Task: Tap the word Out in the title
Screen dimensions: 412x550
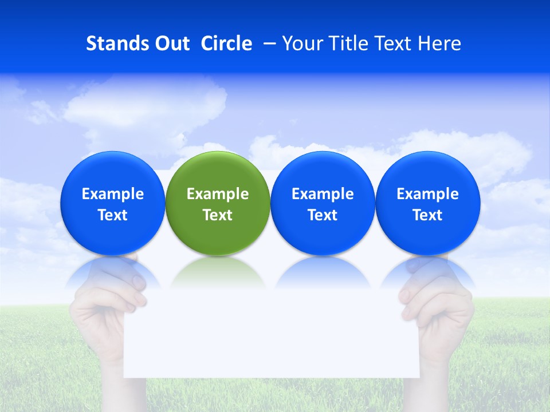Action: tap(170, 43)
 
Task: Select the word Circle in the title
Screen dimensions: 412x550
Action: tap(226, 43)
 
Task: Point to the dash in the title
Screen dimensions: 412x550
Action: tap(268, 43)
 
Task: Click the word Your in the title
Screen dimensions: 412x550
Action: tap(300, 43)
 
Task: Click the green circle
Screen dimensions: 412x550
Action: tap(218, 172)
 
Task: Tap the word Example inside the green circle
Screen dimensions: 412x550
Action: tap(218, 194)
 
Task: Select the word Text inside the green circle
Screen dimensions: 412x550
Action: tap(218, 215)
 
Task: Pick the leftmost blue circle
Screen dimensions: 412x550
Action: tap(112, 172)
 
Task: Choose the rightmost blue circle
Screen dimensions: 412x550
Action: tap(427, 172)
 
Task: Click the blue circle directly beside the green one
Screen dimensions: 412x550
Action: tap(323, 172)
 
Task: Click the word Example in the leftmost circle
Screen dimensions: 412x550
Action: tap(112, 194)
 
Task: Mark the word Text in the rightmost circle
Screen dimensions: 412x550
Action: tap(427, 215)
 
